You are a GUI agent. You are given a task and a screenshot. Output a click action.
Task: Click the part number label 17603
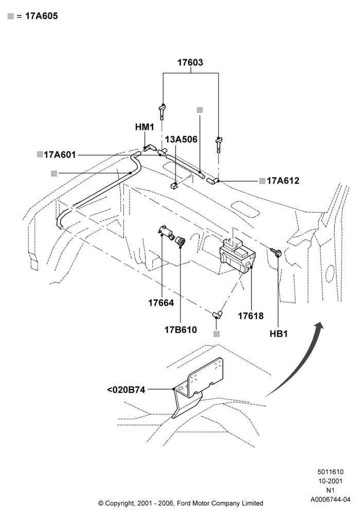[x=190, y=62]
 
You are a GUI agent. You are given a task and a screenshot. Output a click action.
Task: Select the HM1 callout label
[x=145, y=127]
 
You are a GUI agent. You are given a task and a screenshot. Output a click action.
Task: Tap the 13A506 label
[x=181, y=139]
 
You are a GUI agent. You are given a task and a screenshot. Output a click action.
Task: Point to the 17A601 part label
[x=60, y=154]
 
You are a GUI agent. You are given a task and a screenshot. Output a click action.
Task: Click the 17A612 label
[x=283, y=180]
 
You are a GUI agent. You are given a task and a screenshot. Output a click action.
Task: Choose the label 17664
[x=161, y=303]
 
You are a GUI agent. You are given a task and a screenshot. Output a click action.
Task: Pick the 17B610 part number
[x=181, y=329]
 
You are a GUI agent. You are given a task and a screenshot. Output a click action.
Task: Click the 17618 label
[x=251, y=316]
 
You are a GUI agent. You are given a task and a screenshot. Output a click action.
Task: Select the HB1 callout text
[x=279, y=334]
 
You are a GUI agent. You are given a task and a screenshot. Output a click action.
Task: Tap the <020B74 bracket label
[x=126, y=390]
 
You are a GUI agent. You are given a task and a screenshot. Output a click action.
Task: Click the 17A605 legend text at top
[x=41, y=16]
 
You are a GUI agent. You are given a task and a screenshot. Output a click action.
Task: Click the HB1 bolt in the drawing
[x=276, y=252]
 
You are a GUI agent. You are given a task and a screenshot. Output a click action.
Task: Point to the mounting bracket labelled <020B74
[x=197, y=387]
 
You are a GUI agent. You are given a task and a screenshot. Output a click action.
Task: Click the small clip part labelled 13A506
[x=174, y=186]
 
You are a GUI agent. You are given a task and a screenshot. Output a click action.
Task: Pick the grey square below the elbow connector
[x=217, y=334]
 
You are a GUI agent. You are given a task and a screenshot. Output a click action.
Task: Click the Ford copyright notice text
[x=181, y=503]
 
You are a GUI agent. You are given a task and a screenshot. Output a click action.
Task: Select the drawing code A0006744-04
[x=330, y=500]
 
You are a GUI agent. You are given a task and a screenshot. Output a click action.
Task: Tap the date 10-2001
[x=330, y=481]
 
